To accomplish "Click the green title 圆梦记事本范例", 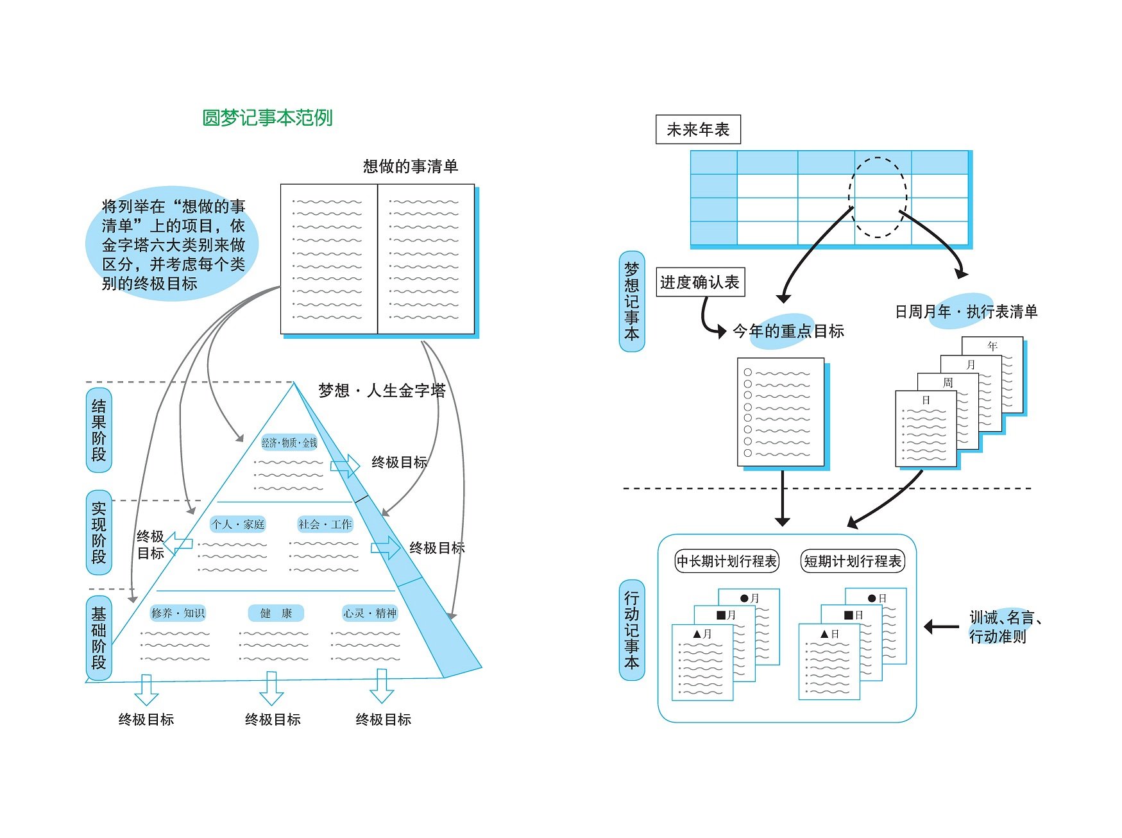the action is pyautogui.click(x=268, y=118).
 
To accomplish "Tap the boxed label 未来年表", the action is pyautogui.click(x=698, y=130).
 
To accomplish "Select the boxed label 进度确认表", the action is pyautogui.click(x=700, y=282).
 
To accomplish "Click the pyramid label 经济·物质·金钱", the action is pyautogui.click(x=289, y=443).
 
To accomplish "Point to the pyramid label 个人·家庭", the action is pyautogui.click(x=238, y=524).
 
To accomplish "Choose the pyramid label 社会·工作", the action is pyautogui.click(x=325, y=524).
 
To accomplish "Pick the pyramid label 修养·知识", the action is pyautogui.click(x=178, y=613).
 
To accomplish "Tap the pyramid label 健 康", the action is pyautogui.click(x=276, y=613).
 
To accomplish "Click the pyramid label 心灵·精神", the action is pyautogui.click(x=370, y=613).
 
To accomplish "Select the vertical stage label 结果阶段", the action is pyautogui.click(x=99, y=430).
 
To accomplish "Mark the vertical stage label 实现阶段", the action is pyautogui.click(x=99, y=533).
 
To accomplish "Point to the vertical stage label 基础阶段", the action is pyautogui.click(x=99, y=638).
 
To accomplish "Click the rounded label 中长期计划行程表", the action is pyautogui.click(x=727, y=561).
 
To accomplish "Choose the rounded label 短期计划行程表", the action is pyautogui.click(x=853, y=561).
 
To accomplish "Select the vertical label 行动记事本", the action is pyautogui.click(x=632, y=630).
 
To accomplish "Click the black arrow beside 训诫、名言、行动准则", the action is pyautogui.click(x=941, y=626).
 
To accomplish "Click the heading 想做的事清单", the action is pyautogui.click(x=411, y=167).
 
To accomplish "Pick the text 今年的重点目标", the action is pyautogui.click(x=788, y=331).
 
